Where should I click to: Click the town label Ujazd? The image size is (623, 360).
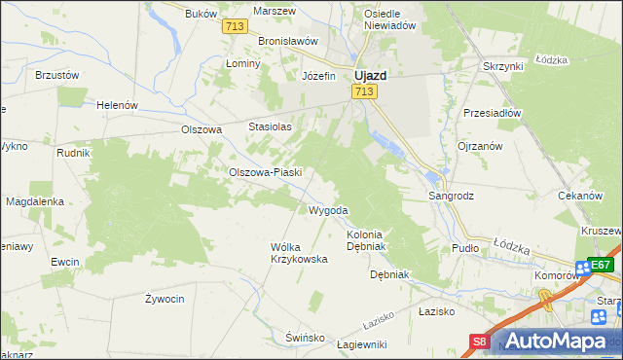[372, 75]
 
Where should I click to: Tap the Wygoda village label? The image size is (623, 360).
[327, 210]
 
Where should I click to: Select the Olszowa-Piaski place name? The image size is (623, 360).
[266, 172]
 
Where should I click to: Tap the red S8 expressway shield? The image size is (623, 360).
[479, 342]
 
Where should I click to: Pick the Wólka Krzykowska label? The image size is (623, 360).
[298, 253]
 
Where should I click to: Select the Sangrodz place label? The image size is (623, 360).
[452, 196]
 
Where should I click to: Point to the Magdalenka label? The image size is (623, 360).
[35, 201]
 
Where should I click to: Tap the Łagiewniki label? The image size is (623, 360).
[361, 344]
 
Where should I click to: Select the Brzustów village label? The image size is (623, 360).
[56, 74]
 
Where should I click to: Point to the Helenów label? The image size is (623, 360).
[117, 105]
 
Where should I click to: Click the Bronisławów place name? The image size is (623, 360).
[289, 42]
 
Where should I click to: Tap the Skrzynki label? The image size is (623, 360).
[503, 66]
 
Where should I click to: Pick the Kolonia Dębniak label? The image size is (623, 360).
[367, 240]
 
